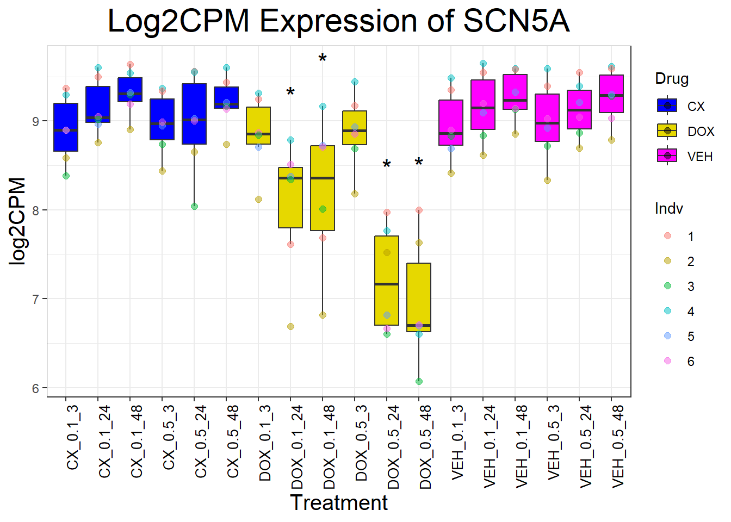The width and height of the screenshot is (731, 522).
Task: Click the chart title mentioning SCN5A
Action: (338, 22)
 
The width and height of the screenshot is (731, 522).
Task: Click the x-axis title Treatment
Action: (338, 503)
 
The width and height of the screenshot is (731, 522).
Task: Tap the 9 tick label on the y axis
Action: (36, 121)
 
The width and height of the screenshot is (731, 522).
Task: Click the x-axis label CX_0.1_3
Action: (73, 437)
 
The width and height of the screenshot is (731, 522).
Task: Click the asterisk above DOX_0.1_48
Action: (323, 59)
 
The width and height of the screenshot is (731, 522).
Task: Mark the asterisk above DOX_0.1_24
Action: (290, 93)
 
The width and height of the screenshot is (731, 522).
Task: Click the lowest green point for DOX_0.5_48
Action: (419, 381)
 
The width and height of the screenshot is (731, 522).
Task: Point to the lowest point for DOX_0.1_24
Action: (290, 326)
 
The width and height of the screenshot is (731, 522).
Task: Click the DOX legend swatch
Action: (667, 131)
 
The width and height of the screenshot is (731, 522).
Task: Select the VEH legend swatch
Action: (667, 156)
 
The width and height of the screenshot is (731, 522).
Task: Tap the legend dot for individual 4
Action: (668, 311)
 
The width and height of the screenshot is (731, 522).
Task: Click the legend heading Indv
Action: (668, 209)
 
